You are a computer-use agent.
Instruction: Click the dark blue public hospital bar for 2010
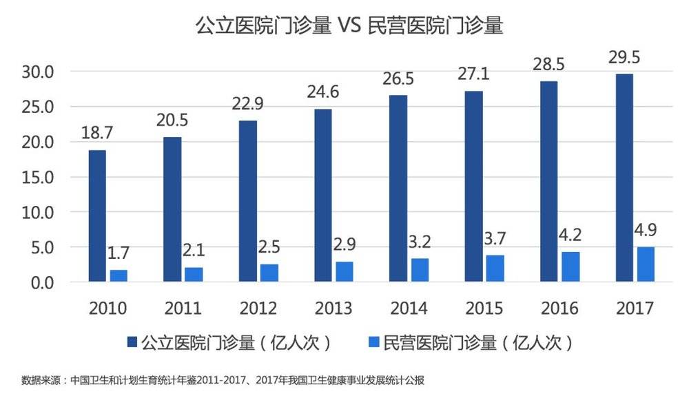click(97, 216)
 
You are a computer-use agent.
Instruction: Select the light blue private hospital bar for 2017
click(646, 264)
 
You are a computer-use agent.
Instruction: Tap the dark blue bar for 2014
click(398, 188)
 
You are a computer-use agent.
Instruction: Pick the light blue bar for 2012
click(269, 272)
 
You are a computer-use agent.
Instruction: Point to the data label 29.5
click(624, 57)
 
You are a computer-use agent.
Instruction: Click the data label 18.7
click(98, 134)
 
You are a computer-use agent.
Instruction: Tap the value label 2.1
click(194, 251)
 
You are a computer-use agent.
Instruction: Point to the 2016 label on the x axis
click(559, 308)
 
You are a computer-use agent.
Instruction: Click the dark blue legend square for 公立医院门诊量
click(132, 342)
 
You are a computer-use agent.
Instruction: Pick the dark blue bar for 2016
click(548, 181)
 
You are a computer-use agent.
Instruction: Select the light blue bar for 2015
click(495, 268)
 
